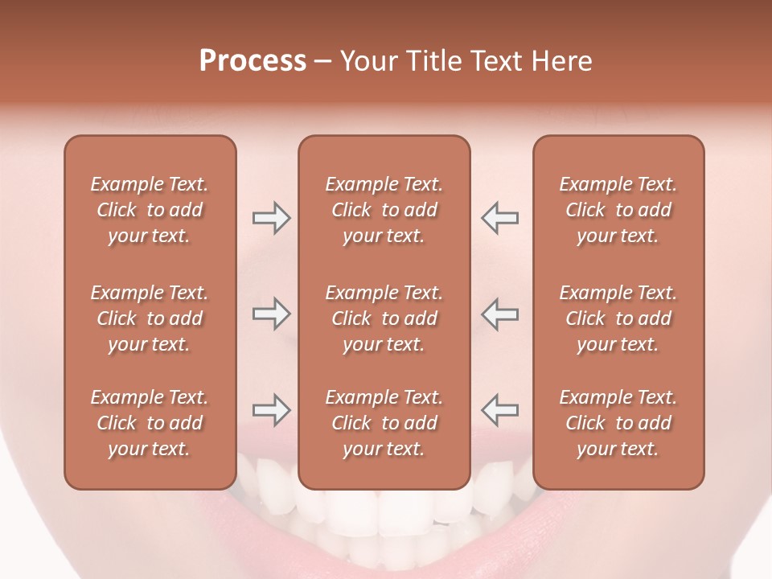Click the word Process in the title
pos(253,61)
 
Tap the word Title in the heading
pos(431,61)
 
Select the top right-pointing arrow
pos(271,218)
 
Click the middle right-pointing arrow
pos(271,314)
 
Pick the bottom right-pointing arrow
pos(271,410)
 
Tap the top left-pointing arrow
pos(499,218)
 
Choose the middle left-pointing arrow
pos(499,314)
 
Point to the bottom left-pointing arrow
pos(499,410)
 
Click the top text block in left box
pos(150,210)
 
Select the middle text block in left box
pos(150,318)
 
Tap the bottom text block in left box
pos(150,423)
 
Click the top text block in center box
pos(384,210)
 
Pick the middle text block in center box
pos(384,318)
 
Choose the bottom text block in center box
pos(384,423)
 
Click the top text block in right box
pos(618,210)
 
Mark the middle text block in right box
pos(618,318)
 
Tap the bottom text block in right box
pos(618,423)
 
